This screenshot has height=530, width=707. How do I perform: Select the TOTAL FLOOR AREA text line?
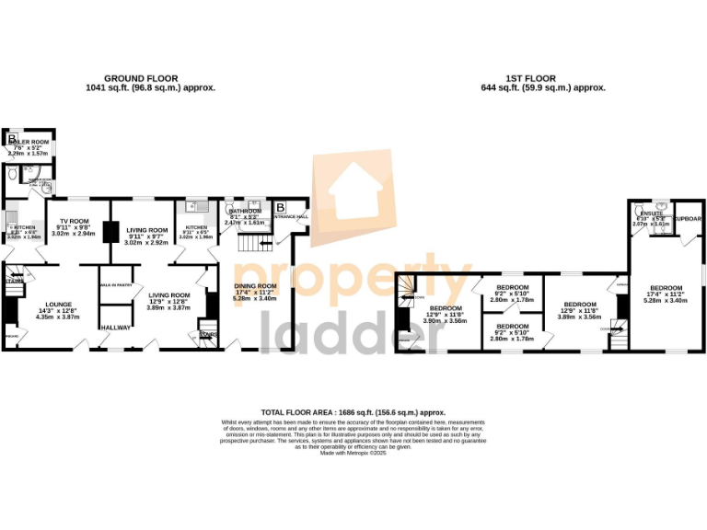pyautogui.click(x=353, y=413)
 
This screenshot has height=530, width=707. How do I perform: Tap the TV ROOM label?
pyautogui.click(x=74, y=222)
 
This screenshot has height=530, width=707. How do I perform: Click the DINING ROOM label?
pyautogui.click(x=255, y=286)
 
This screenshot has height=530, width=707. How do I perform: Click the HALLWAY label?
pyautogui.click(x=116, y=328)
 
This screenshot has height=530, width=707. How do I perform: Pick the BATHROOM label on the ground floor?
pyautogui.click(x=244, y=212)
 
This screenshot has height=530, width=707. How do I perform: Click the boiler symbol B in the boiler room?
pyautogui.click(x=13, y=140)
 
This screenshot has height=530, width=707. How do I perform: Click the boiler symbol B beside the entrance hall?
pyautogui.click(x=281, y=206)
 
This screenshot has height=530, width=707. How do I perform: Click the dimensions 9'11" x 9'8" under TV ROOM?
pyautogui.click(x=74, y=228)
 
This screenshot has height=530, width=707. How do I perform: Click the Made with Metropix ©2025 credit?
pyautogui.click(x=353, y=454)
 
